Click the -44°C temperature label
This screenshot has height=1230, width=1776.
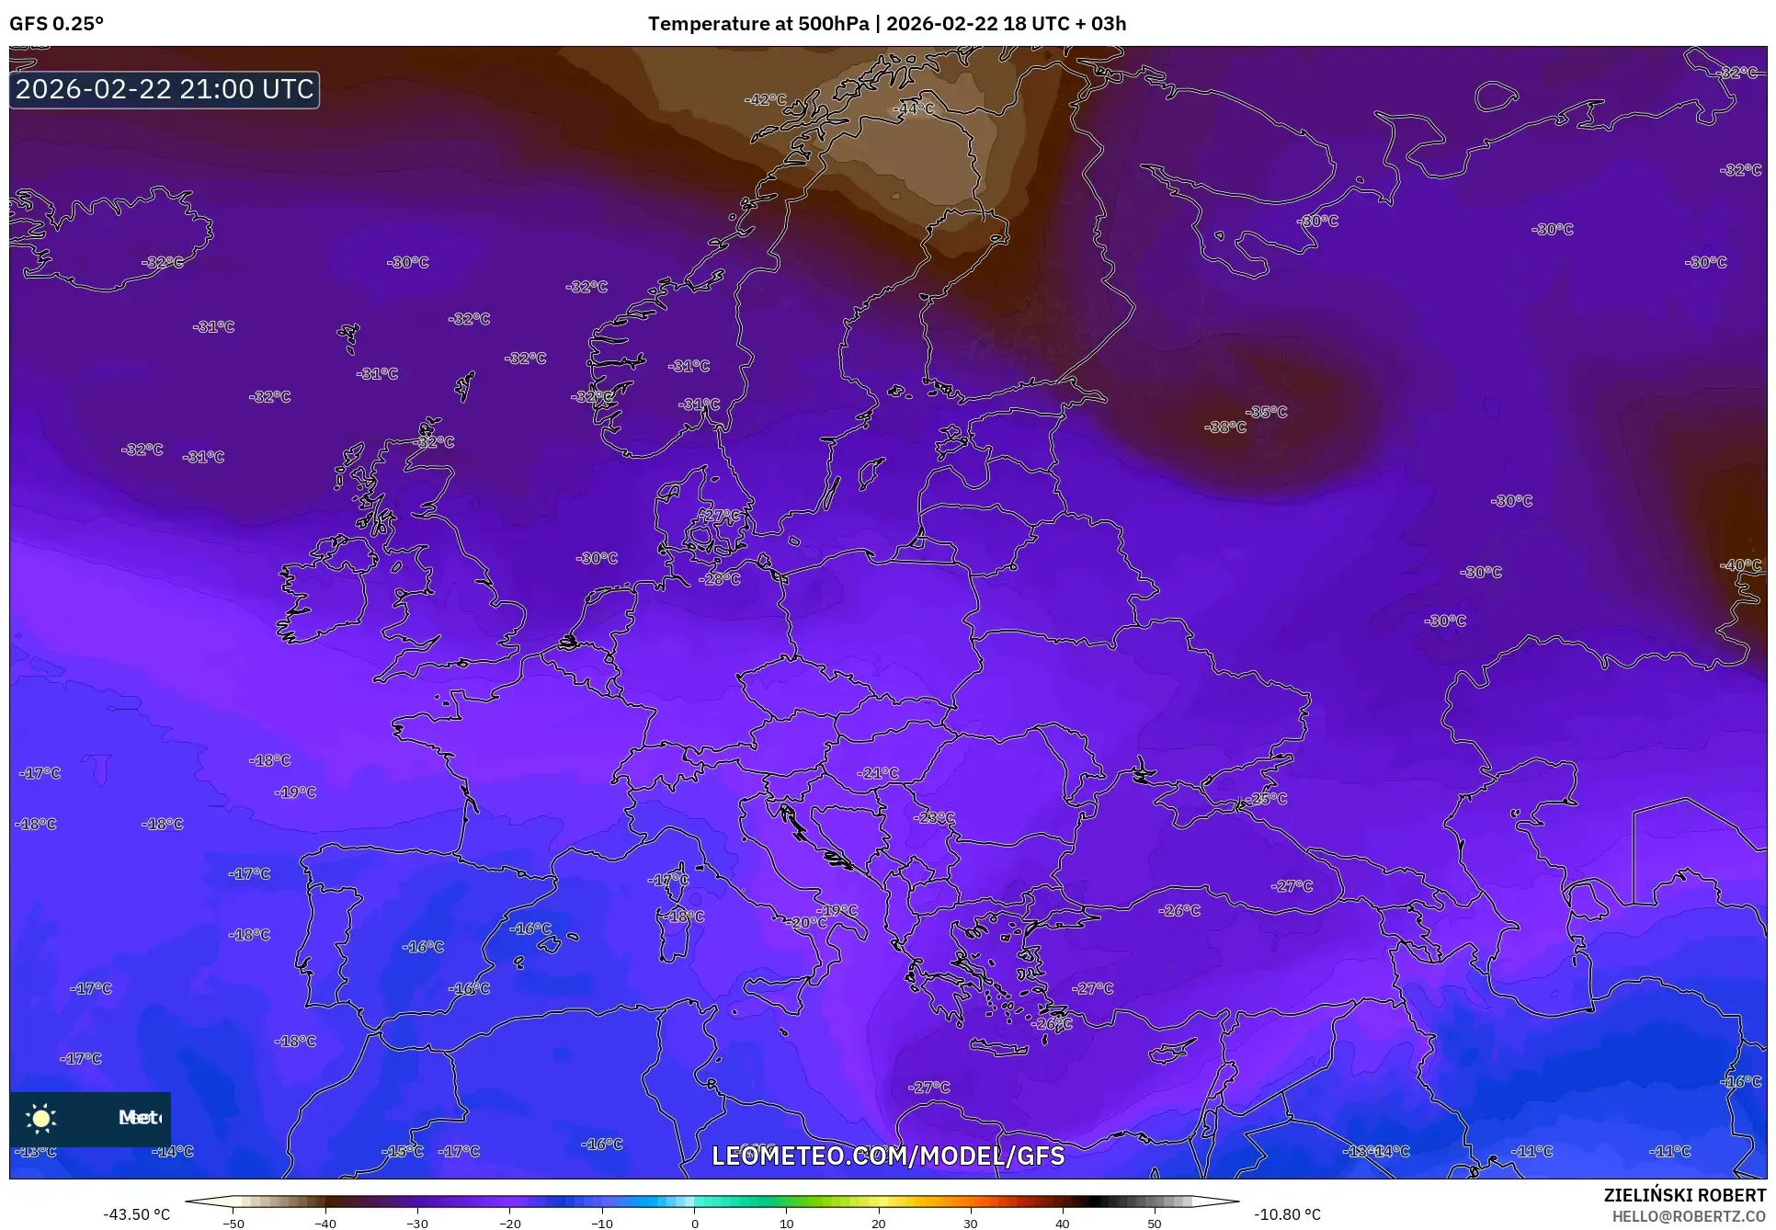tap(914, 108)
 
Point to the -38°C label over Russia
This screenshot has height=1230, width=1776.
tap(1225, 427)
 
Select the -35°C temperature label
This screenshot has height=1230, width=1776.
tap(1267, 412)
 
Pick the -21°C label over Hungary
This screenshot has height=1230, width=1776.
tap(878, 773)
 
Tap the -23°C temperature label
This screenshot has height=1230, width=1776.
tap(934, 817)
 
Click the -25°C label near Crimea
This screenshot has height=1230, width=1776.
tap(1267, 799)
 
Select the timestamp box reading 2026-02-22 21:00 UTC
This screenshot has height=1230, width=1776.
tap(165, 89)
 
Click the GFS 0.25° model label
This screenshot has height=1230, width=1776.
tap(56, 24)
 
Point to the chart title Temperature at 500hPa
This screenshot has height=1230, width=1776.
tap(757, 24)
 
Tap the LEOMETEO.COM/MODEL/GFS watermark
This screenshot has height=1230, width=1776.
tap(888, 1156)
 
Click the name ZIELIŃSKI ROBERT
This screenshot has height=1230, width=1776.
tap(1684, 1196)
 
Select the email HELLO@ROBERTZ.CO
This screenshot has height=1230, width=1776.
tap(1689, 1216)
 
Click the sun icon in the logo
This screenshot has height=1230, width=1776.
tap(41, 1118)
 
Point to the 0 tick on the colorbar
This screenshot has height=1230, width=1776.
tap(694, 1224)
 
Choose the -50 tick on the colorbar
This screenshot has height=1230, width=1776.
tap(234, 1224)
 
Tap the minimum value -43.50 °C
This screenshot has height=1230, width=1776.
tap(137, 1214)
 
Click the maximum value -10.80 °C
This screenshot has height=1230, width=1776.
tap(1287, 1214)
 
